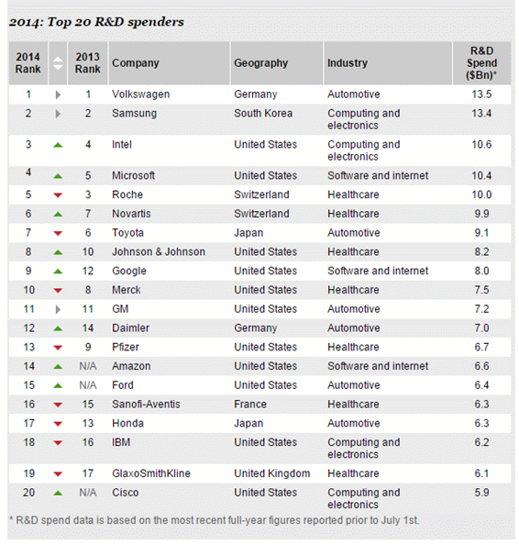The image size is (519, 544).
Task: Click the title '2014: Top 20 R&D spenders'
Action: (x=96, y=22)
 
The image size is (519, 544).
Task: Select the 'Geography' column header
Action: (x=260, y=62)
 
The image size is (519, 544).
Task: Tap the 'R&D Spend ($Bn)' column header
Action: (x=481, y=62)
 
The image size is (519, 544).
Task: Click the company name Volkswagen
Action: (x=141, y=94)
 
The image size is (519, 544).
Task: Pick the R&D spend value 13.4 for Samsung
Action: (x=481, y=113)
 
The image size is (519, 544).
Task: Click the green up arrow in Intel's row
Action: (x=58, y=145)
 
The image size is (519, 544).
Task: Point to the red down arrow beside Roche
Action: (x=58, y=195)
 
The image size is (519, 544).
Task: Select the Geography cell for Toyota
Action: (x=248, y=232)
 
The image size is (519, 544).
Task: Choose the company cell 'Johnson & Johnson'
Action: (x=159, y=251)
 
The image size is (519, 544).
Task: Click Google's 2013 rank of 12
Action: (x=88, y=271)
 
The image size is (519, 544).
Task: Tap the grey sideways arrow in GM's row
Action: (x=58, y=309)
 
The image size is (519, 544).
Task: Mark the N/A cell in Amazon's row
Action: (x=88, y=366)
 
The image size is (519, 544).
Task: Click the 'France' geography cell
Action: (x=250, y=405)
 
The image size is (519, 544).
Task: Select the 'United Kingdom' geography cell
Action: (x=271, y=473)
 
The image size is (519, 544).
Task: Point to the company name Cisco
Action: (x=125, y=493)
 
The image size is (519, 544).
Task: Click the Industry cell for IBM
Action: (x=364, y=449)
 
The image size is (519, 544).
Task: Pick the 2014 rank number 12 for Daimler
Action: (x=28, y=328)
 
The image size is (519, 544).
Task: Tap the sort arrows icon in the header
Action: (x=58, y=63)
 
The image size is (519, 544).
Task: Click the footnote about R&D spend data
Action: (x=214, y=520)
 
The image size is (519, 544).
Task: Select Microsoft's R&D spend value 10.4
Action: (x=481, y=175)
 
